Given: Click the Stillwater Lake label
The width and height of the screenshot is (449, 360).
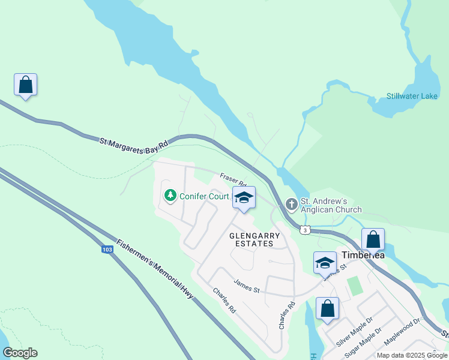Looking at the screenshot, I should [412, 96].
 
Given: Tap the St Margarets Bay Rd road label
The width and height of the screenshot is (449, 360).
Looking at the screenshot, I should [134, 147].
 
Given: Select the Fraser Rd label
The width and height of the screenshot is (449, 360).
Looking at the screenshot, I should [234, 179].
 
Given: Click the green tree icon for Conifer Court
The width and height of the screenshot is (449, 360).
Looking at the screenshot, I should [170, 196].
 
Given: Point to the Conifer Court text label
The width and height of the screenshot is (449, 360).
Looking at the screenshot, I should [203, 196].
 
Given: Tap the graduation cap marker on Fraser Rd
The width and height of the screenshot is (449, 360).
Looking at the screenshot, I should [244, 198].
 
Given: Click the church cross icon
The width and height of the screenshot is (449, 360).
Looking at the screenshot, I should [292, 205].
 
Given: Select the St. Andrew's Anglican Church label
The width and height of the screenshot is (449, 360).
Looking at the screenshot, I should [331, 205].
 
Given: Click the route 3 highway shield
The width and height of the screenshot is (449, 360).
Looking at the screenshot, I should [306, 230].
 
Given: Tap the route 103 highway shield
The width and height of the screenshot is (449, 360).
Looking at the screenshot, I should [107, 250].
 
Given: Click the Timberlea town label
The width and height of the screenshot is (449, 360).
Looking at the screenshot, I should [363, 255].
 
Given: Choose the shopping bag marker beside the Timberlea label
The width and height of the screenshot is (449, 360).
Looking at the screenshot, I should [373, 240].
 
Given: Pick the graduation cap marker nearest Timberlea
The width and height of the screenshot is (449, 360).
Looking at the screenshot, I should [325, 263].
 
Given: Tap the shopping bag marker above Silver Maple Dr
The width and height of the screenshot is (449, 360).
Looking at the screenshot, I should [328, 309].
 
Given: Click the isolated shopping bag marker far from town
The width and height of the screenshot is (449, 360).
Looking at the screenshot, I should [26, 85].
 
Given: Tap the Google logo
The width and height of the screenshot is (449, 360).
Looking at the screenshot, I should [20, 353].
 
